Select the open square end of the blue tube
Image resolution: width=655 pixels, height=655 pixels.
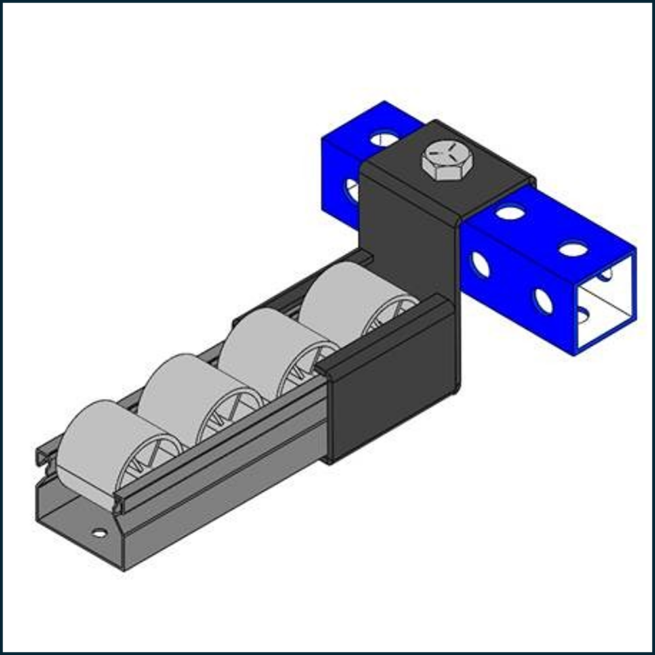[606, 301]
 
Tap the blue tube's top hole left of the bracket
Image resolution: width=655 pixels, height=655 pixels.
[384, 138]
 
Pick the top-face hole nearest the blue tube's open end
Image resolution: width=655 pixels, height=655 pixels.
[574, 249]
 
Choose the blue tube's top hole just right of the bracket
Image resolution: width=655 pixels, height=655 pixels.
[510, 213]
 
